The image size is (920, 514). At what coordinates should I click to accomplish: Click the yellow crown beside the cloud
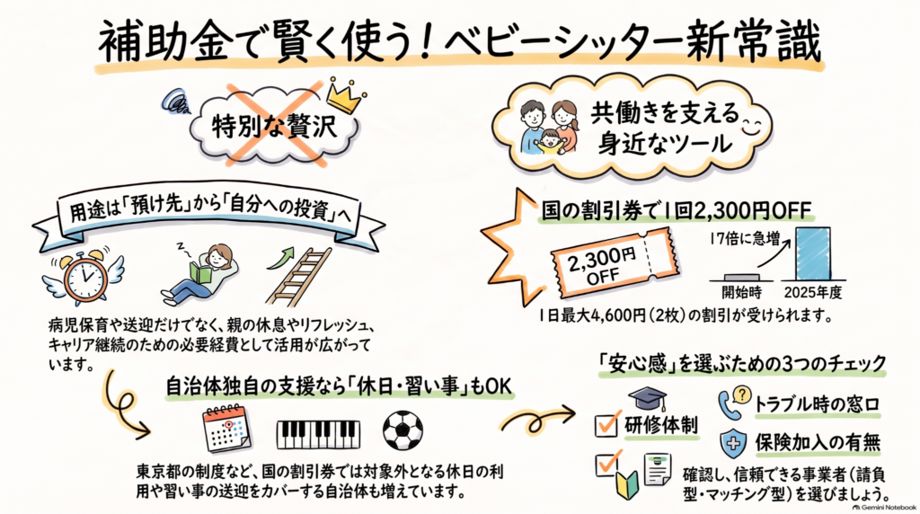click(x=345, y=95)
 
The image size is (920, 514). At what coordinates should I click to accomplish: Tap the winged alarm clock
click(x=84, y=275)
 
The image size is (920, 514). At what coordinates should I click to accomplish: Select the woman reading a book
click(x=200, y=273)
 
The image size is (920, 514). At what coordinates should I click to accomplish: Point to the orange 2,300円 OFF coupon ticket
click(x=615, y=263)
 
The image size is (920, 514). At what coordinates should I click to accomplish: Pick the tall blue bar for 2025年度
click(x=812, y=253)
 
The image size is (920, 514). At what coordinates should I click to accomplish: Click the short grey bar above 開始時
click(x=741, y=277)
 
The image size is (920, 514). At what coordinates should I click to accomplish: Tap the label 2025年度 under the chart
click(x=812, y=292)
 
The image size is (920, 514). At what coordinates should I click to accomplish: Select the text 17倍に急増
click(x=744, y=239)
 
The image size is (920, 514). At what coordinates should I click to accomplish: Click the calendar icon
click(x=226, y=429)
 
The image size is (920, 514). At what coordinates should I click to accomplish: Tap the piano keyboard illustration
click(x=318, y=434)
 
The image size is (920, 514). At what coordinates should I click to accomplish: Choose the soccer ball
click(x=402, y=430)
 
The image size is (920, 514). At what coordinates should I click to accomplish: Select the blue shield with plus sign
click(x=733, y=443)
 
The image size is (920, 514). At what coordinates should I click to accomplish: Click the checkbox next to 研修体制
click(x=606, y=424)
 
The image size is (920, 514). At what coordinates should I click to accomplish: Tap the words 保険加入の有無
click(x=818, y=443)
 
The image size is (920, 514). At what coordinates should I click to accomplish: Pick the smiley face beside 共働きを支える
click(x=752, y=126)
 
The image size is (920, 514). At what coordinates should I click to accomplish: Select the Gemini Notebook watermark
click(x=884, y=507)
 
